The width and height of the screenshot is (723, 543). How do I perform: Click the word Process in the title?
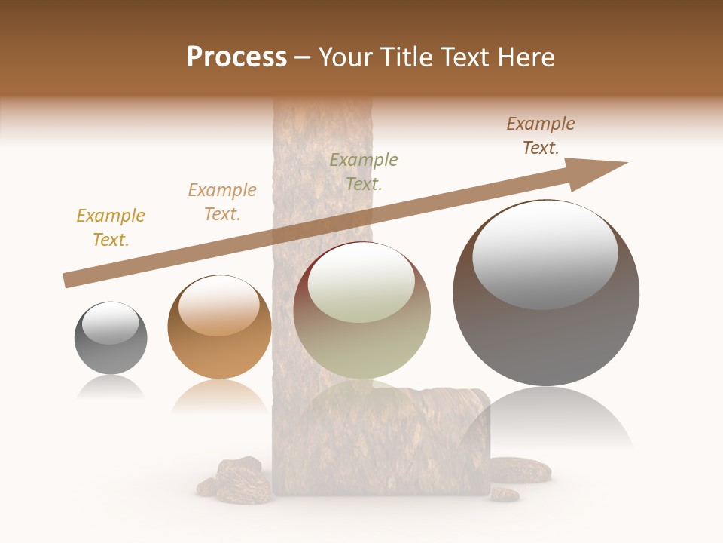pos(236,57)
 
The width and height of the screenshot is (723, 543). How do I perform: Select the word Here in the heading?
pos(524,57)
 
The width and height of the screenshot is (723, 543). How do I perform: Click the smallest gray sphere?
pos(111,339)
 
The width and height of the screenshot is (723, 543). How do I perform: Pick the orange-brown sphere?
pos(219,329)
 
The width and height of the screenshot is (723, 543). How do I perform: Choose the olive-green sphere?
pos(361,311)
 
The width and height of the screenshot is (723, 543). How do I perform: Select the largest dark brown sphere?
pos(546,294)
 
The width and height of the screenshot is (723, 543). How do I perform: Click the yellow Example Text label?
pos(111,228)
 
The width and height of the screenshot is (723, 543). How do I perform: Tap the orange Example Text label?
pos(222,202)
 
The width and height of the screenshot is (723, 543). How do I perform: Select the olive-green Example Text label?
pos(364,171)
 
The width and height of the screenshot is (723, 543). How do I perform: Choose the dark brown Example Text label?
pos(541,136)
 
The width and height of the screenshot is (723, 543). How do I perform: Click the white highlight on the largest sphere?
pos(545,253)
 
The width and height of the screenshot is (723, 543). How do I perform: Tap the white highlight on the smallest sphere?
pos(110,323)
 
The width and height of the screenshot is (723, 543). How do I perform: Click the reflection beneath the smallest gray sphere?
pos(111,388)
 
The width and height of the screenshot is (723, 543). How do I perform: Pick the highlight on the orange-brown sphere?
pos(218,306)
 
